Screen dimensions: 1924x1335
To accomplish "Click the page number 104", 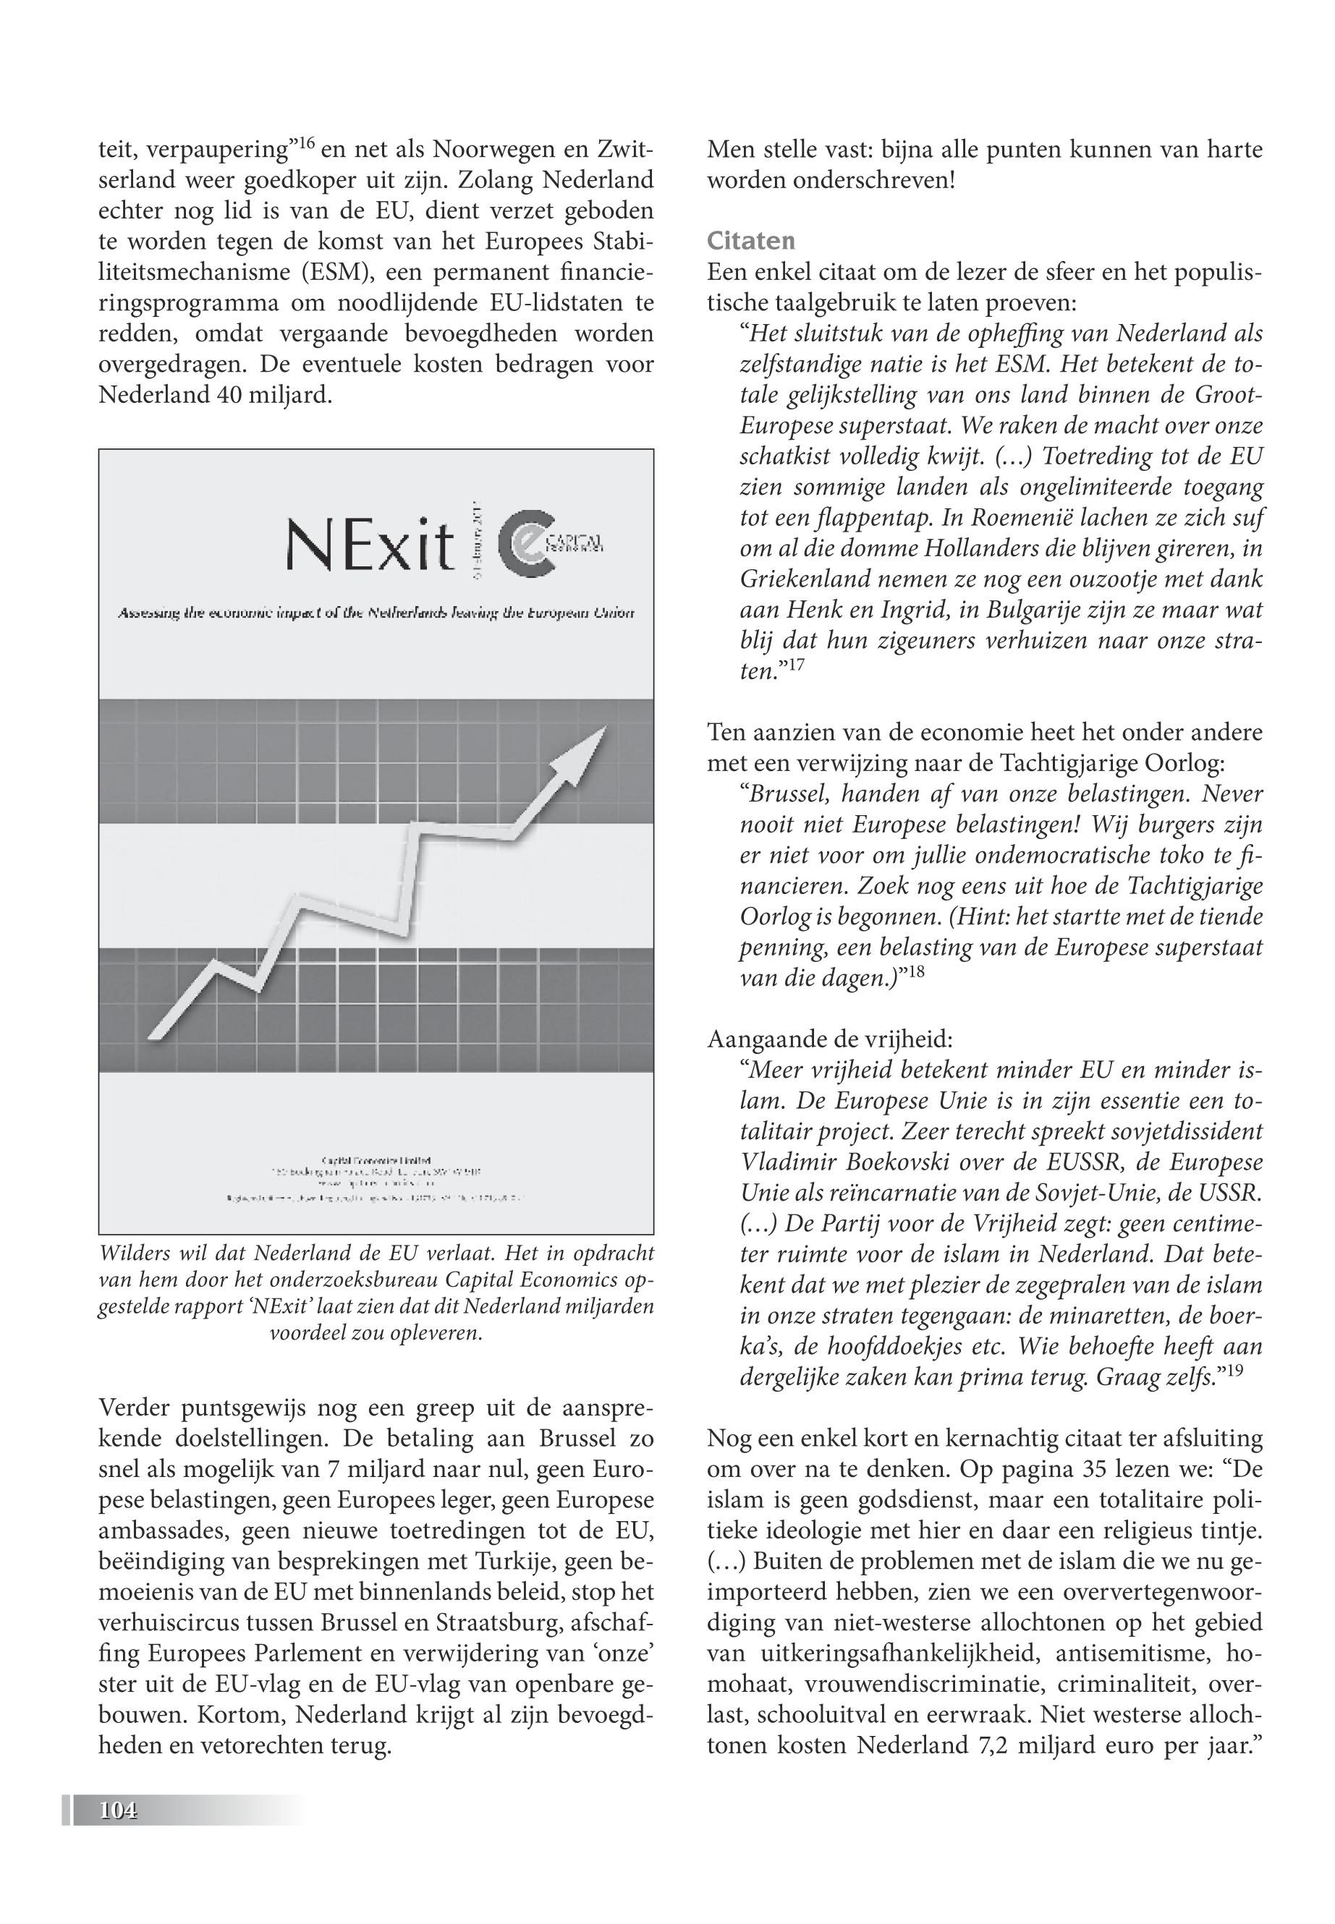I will pos(117,1810).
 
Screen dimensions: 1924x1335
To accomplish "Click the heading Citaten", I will pos(750,241).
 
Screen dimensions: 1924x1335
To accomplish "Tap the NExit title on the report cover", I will pos(369,545).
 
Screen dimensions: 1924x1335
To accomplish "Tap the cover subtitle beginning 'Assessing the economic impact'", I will pos(376,613).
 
